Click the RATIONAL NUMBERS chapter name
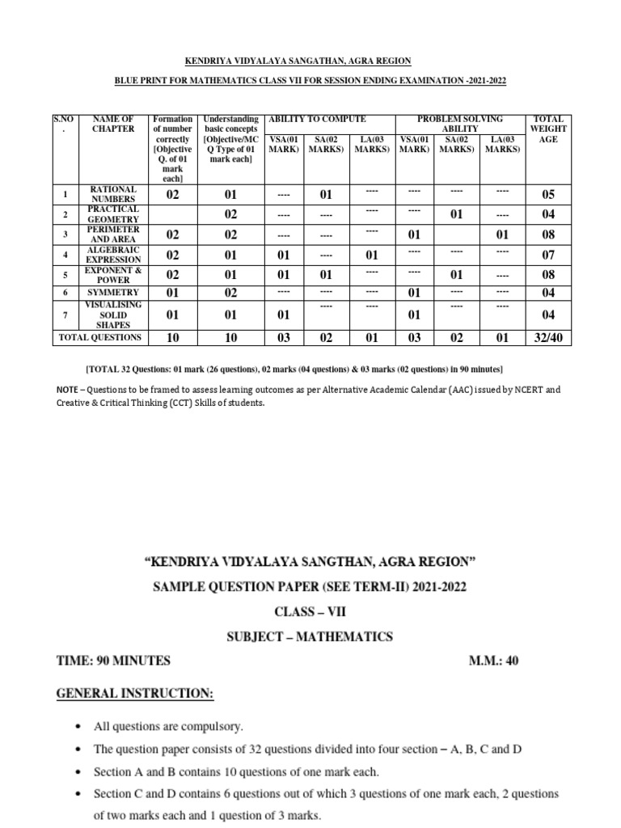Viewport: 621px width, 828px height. pyautogui.click(x=113, y=194)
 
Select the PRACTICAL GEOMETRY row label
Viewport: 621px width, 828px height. pyautogui.click(x=113, y=214)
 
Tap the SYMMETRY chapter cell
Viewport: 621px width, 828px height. pyautogui.click(x=113, y=292)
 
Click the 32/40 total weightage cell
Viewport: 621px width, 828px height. pyautogui.click(x=548, y=337)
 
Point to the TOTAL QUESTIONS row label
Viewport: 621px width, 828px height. pyautogui.click(x=100, y=337)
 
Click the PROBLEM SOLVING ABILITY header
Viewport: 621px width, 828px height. pyautogui.click(x=459, y=124)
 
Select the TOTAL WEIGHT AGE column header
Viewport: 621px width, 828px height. pyautogui.click(x=548, y=129)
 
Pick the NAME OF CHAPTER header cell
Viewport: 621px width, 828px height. pyautogui.click(x=113, y=124)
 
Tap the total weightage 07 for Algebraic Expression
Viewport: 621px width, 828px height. pyautogui.click(x=548, y=255)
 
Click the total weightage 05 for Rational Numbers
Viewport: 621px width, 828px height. pyautogui.click(x=548, y=194)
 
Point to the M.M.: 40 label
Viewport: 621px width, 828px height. pyautogui.click(x=495, y=661)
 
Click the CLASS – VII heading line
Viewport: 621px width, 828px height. pyautogui.click(x=310, y=612)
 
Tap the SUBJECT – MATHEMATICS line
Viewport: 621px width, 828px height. pyautogui.click(x=310, y=636)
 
